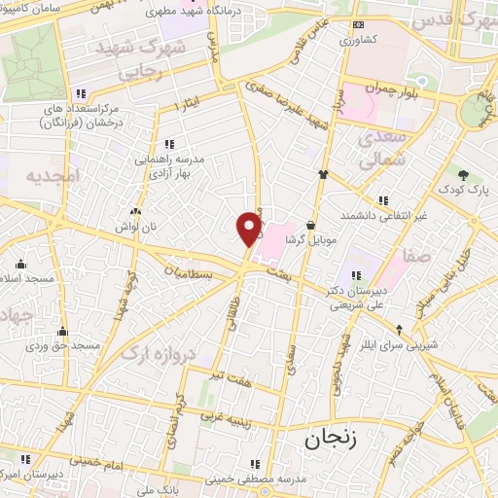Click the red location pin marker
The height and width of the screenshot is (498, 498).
(249, 229)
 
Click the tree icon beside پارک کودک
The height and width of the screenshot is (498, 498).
(463, 175)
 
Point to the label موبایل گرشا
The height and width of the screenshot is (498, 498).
(309, 238)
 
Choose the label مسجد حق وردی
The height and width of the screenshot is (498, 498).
(63, 345)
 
